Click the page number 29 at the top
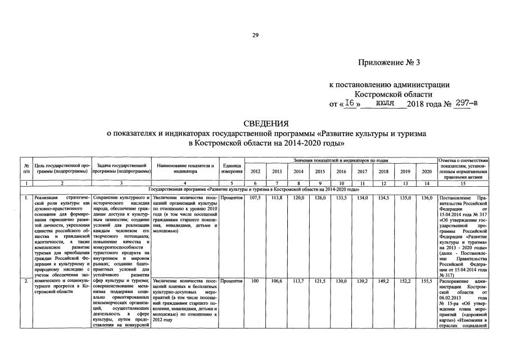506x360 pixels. (x=255, y=35)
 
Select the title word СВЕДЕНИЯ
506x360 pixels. (x=266, y=123)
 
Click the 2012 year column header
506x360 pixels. (x=255, y=172)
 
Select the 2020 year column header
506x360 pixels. (x=426, y=172)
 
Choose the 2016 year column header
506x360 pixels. (x=341, y=172)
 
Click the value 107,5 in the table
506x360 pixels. (x=255, y=198)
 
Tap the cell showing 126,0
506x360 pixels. (x=319, y=198)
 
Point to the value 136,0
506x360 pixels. (x=426, y=198)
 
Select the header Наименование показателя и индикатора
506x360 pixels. (x=185, y=168)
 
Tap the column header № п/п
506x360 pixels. (x=26, y=168)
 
